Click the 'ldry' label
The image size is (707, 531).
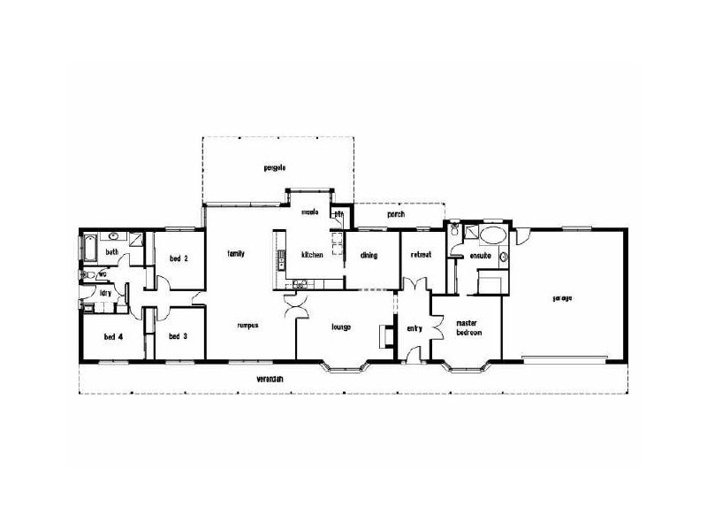click(x=104, y=293)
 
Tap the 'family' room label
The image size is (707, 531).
click(x=234, y=252)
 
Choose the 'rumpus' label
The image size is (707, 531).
click(x=247, y=326)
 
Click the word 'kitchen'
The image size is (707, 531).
click(x=312, y=255)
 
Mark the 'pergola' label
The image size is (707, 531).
click(x=276, y=167)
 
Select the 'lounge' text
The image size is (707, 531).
click(x=341, y=327)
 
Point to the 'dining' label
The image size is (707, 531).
click(x=369, y=255)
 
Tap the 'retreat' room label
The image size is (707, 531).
click(x=421, y=255)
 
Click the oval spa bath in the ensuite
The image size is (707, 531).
click(x=489, y=235)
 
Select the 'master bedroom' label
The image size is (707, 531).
click(x=467, y=328)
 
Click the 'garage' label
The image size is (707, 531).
click(x=562, y=299)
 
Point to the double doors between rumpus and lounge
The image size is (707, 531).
click(x=296, y=305)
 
